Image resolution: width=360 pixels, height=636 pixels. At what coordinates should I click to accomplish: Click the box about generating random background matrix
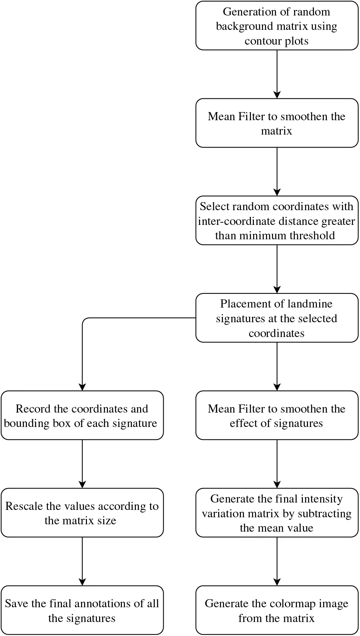[277, 26]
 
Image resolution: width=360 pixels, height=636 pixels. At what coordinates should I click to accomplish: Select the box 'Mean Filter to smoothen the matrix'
[277, 123]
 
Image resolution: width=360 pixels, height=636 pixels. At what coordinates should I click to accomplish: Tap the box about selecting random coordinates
[277, 220]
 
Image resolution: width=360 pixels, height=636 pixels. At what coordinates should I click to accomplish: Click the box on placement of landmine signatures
[277, 318]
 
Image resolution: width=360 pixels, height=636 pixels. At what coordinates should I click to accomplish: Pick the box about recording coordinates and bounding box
[82, 416]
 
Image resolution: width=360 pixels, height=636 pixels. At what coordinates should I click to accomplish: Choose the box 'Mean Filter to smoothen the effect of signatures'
[277, 416]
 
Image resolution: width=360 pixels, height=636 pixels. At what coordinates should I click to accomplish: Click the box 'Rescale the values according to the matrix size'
[82, 513]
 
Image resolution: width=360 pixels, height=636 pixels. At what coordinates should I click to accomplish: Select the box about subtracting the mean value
[277, 513]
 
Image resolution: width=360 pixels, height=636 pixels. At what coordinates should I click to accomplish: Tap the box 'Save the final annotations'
[82, 610]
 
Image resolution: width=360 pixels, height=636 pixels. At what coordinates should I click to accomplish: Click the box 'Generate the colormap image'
[277, 610]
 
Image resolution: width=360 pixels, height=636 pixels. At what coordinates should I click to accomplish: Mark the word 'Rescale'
[24, 506]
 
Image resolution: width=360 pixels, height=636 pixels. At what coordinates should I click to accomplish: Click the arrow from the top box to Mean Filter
[277, 74]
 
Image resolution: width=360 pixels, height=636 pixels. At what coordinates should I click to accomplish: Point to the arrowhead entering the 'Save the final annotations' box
[82, 582]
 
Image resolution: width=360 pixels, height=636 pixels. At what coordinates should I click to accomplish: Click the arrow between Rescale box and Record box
[82, 464]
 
